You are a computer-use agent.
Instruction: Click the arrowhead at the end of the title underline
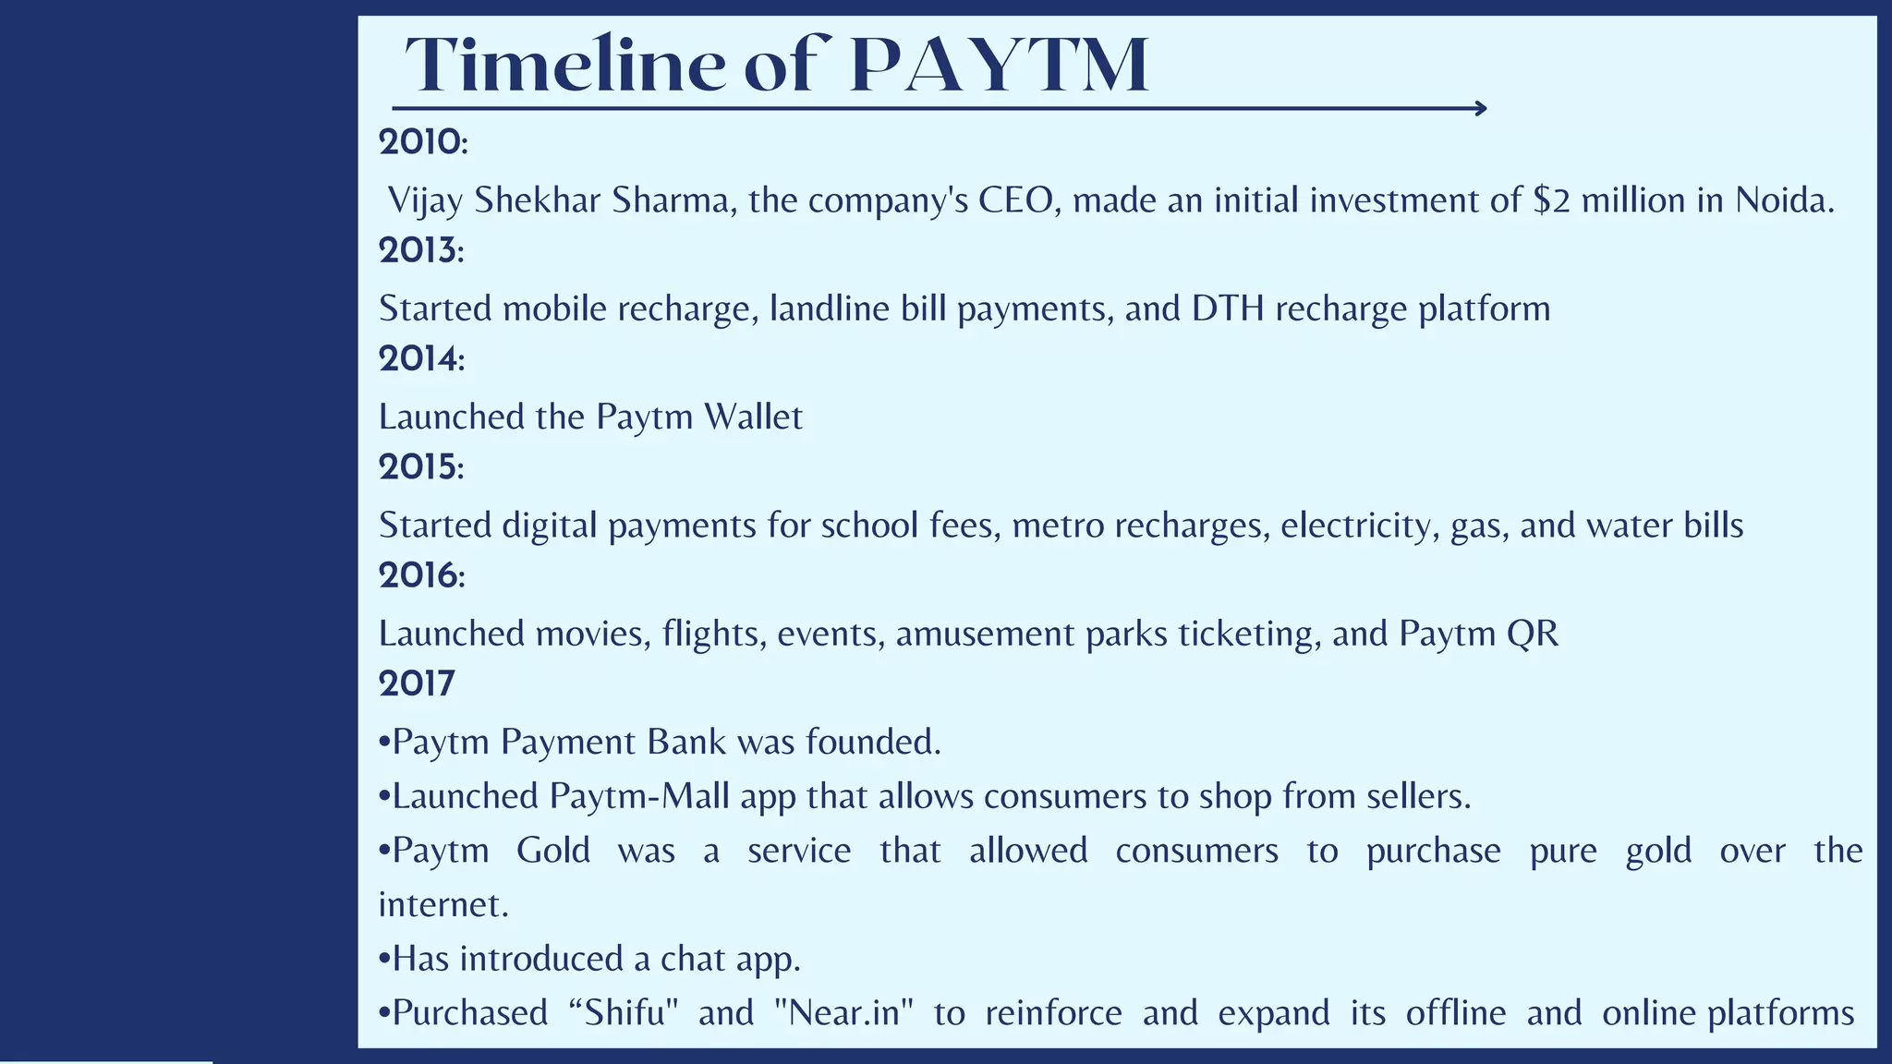[x=1481, y=109]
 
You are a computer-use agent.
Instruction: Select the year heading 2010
[x=422, y=142]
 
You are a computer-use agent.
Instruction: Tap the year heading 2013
[x=420, y=250]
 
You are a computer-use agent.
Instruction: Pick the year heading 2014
[x=420, y=358]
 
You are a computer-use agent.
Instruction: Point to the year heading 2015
[x=420, y=467]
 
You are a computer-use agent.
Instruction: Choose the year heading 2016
[x=420, y=575]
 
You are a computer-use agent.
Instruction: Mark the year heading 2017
[x=417, y=683]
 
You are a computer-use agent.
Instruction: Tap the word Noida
[x=1784, y=200]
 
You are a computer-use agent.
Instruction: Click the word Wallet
[x=753, y=417]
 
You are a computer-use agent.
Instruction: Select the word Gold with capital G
[x=552, y=850]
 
